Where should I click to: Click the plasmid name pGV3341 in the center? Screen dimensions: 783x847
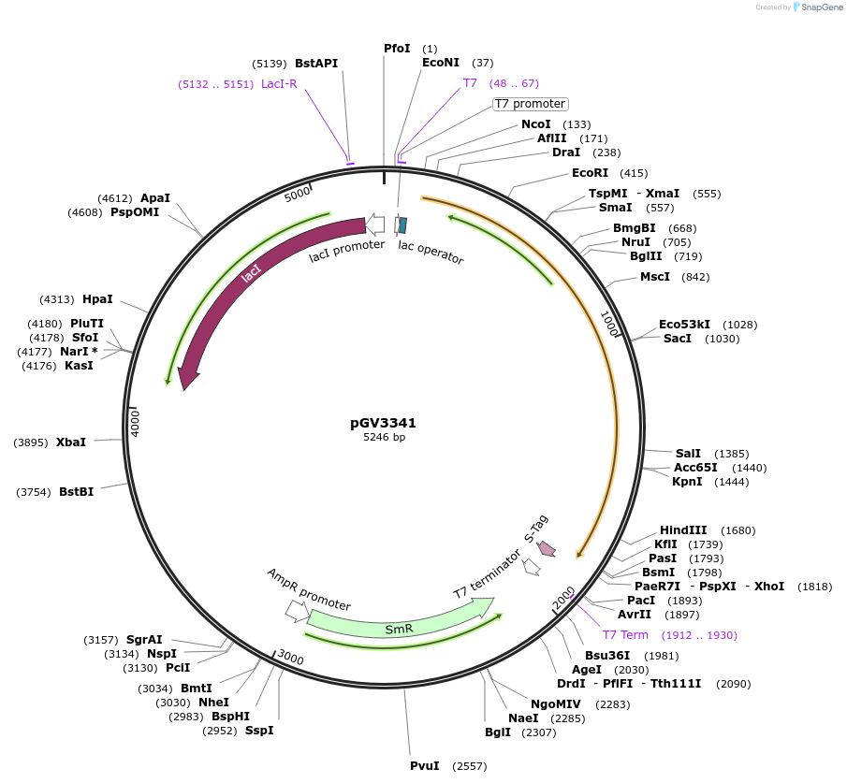point(384,422)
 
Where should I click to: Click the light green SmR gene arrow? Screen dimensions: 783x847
point(398,622)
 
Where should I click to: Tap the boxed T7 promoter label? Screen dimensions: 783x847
point(530,104)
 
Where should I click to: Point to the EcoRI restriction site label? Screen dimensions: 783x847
point(590,173)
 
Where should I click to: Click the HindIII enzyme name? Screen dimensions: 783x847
point(683,530)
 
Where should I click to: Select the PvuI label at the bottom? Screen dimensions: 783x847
point(424,766)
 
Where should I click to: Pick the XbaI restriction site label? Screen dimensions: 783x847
point(71,442)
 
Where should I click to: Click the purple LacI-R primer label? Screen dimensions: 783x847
point(279,84)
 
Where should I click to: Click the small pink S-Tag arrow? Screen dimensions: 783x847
point(546,549)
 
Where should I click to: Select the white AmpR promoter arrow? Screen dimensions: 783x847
point(297,611)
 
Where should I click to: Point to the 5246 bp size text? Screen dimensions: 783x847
point(384,437)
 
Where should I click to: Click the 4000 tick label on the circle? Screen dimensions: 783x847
point(135,420)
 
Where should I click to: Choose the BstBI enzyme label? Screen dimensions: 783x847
point(77,491)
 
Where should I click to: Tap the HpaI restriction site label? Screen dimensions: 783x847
point(97,299)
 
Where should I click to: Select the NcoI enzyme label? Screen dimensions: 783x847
point(536,124)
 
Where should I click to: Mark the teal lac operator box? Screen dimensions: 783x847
point(402,225)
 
